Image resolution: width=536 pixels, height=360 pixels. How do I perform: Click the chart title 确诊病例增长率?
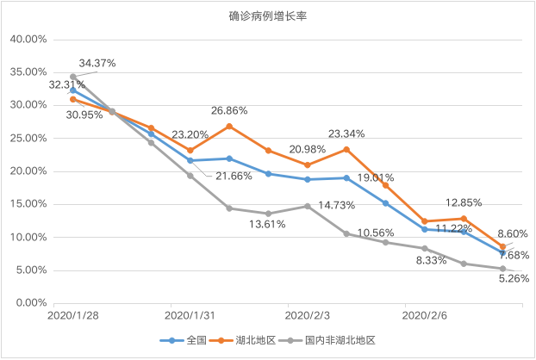pos(268,16)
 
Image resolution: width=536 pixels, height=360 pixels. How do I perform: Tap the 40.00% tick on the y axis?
pos(28,40)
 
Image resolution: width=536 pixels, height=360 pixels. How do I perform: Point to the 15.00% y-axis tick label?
pos(28,204)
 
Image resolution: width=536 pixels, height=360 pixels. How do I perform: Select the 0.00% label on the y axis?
pos(31,303)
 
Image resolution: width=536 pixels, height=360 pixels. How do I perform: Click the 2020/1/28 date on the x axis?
pos(72,315)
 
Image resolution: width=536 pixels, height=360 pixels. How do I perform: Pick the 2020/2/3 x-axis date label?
pos(308,315)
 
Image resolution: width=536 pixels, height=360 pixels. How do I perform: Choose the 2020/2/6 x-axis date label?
pos(424,315)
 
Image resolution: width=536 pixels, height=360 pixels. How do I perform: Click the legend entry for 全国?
pos(184,340)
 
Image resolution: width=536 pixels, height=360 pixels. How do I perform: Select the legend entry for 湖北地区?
pos(242,340)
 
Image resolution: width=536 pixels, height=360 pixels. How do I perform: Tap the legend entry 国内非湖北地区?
pos(327,340)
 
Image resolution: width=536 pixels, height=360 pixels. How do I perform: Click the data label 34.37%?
pos(97,63)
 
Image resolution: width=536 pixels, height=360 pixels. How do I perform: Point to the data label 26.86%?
pos(229,110)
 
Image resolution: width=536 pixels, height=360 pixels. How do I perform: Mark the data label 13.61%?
pos(267,225)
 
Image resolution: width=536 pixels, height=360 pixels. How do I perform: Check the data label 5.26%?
pos(514,279)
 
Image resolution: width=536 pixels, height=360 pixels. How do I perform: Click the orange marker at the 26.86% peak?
pos(229,127)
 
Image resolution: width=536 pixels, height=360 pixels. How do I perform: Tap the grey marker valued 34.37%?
pos(72,77)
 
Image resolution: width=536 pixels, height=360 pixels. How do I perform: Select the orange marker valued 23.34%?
pos(346,149)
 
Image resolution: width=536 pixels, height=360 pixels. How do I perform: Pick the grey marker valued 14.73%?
pos(308,207)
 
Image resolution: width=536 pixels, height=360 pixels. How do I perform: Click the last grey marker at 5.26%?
pos(502,269)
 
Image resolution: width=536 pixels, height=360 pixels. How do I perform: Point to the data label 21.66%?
pos(234,177)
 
